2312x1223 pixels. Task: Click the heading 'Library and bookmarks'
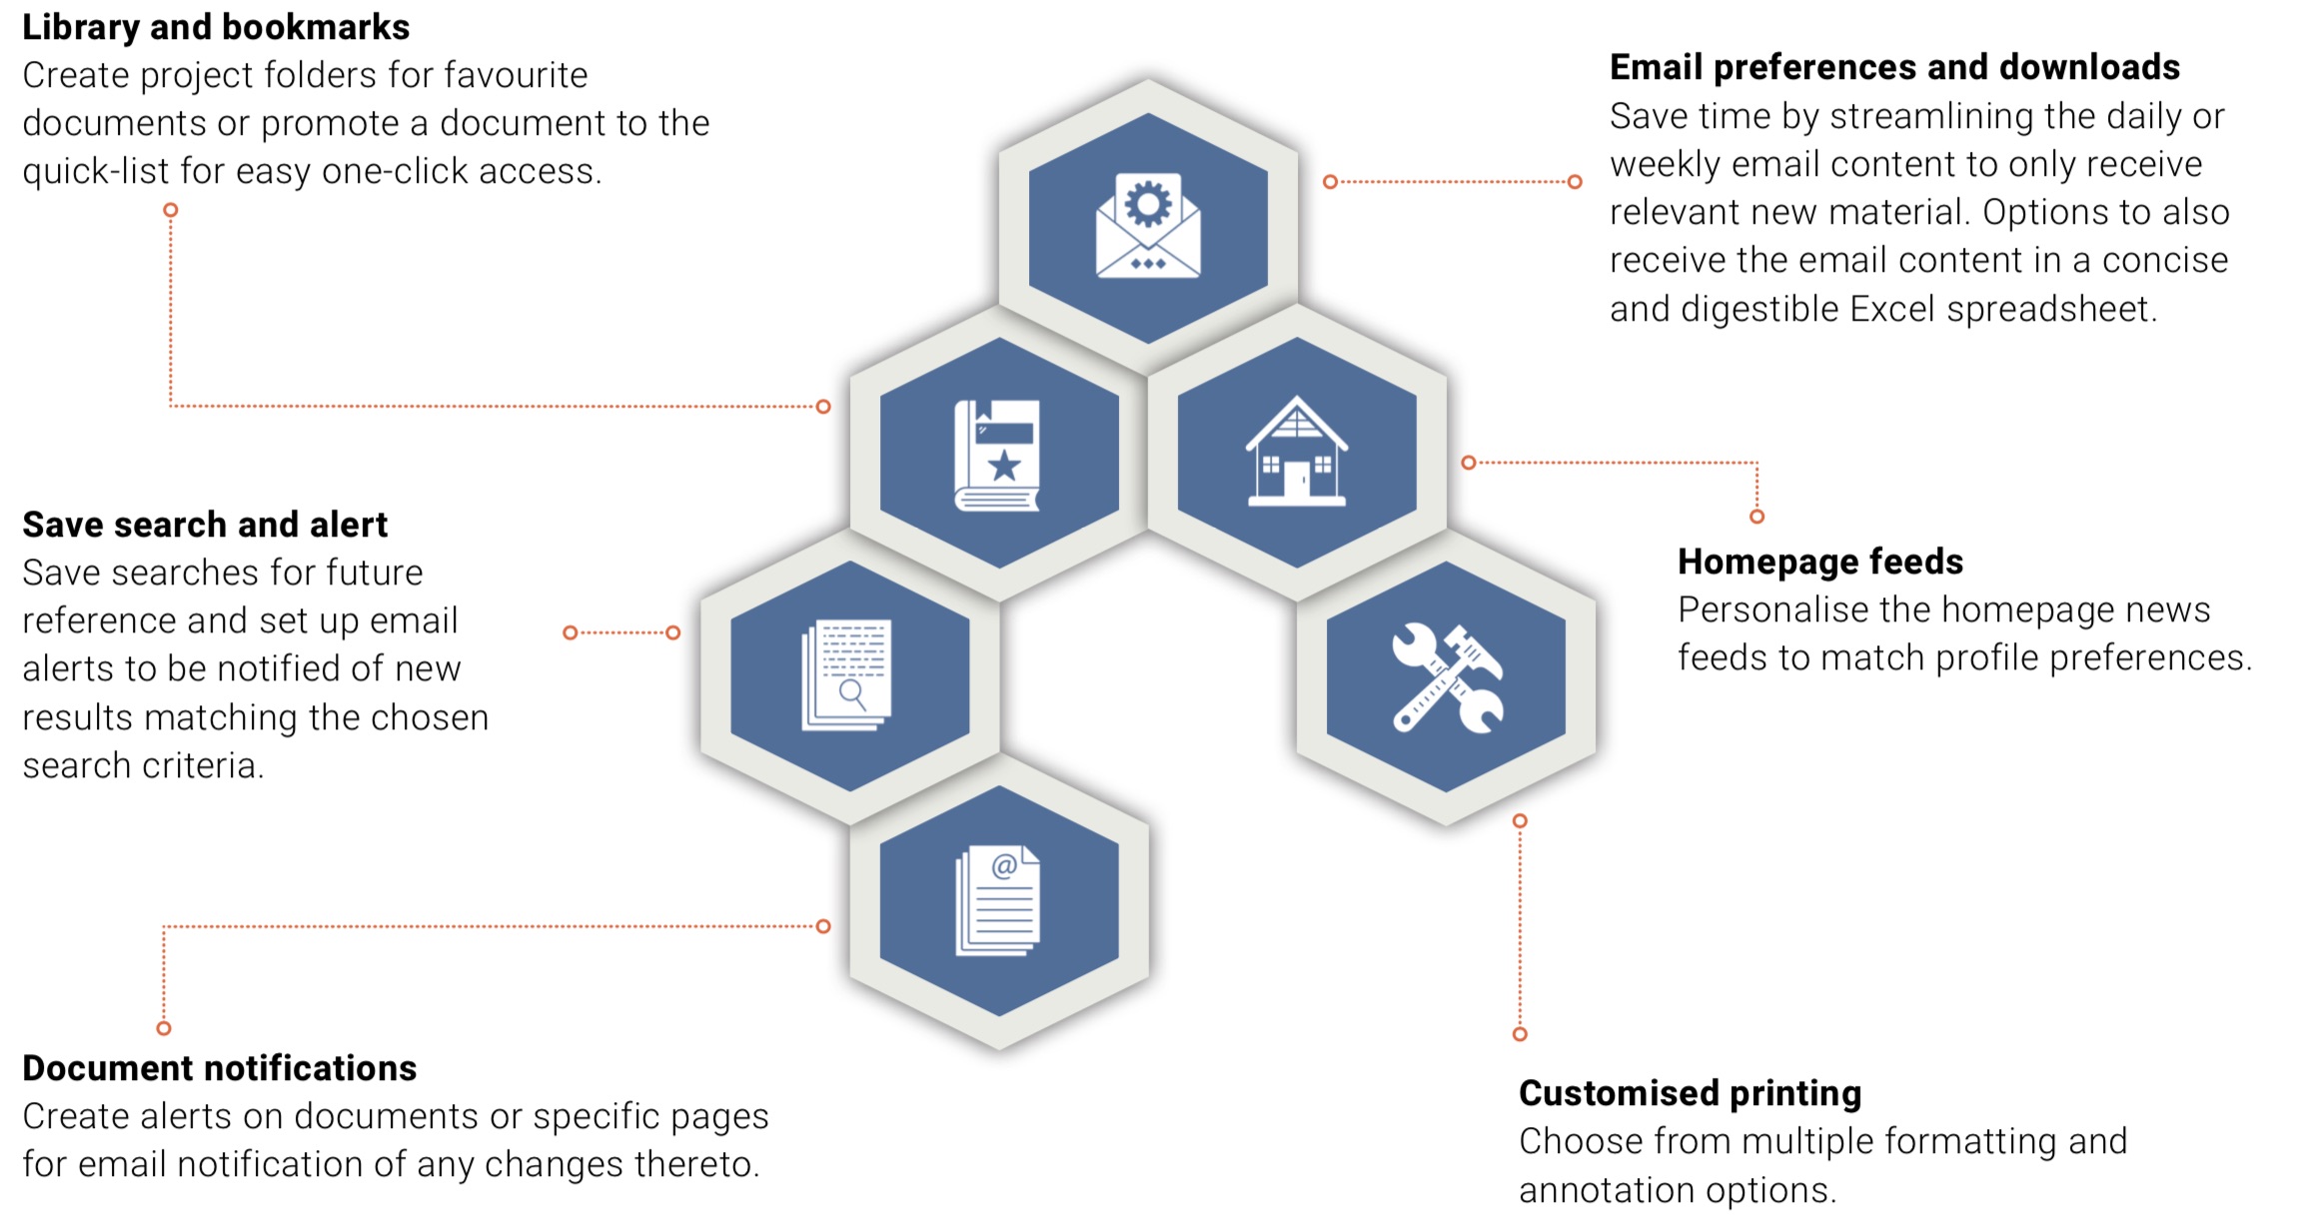(216, 27)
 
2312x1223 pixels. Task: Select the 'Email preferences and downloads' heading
(1894, 67)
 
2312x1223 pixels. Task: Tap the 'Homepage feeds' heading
(1819, 562)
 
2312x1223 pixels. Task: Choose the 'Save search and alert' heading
(205, 525)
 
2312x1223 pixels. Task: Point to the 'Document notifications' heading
(219, 1068)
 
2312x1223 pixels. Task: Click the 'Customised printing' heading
(1690, 1093)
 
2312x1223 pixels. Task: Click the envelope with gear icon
(1148, 227)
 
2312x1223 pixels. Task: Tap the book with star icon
(998, 455)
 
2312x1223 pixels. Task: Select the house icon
(1296, 452)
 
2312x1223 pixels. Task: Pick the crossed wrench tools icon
(1446, 678)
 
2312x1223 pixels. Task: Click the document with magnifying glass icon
(847, 675)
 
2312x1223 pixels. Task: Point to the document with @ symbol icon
(998, 900)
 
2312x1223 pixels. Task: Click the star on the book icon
(1003, 466)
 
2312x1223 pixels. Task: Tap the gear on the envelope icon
(1148, 204)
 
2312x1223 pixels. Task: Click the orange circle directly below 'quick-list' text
(171, 210)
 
